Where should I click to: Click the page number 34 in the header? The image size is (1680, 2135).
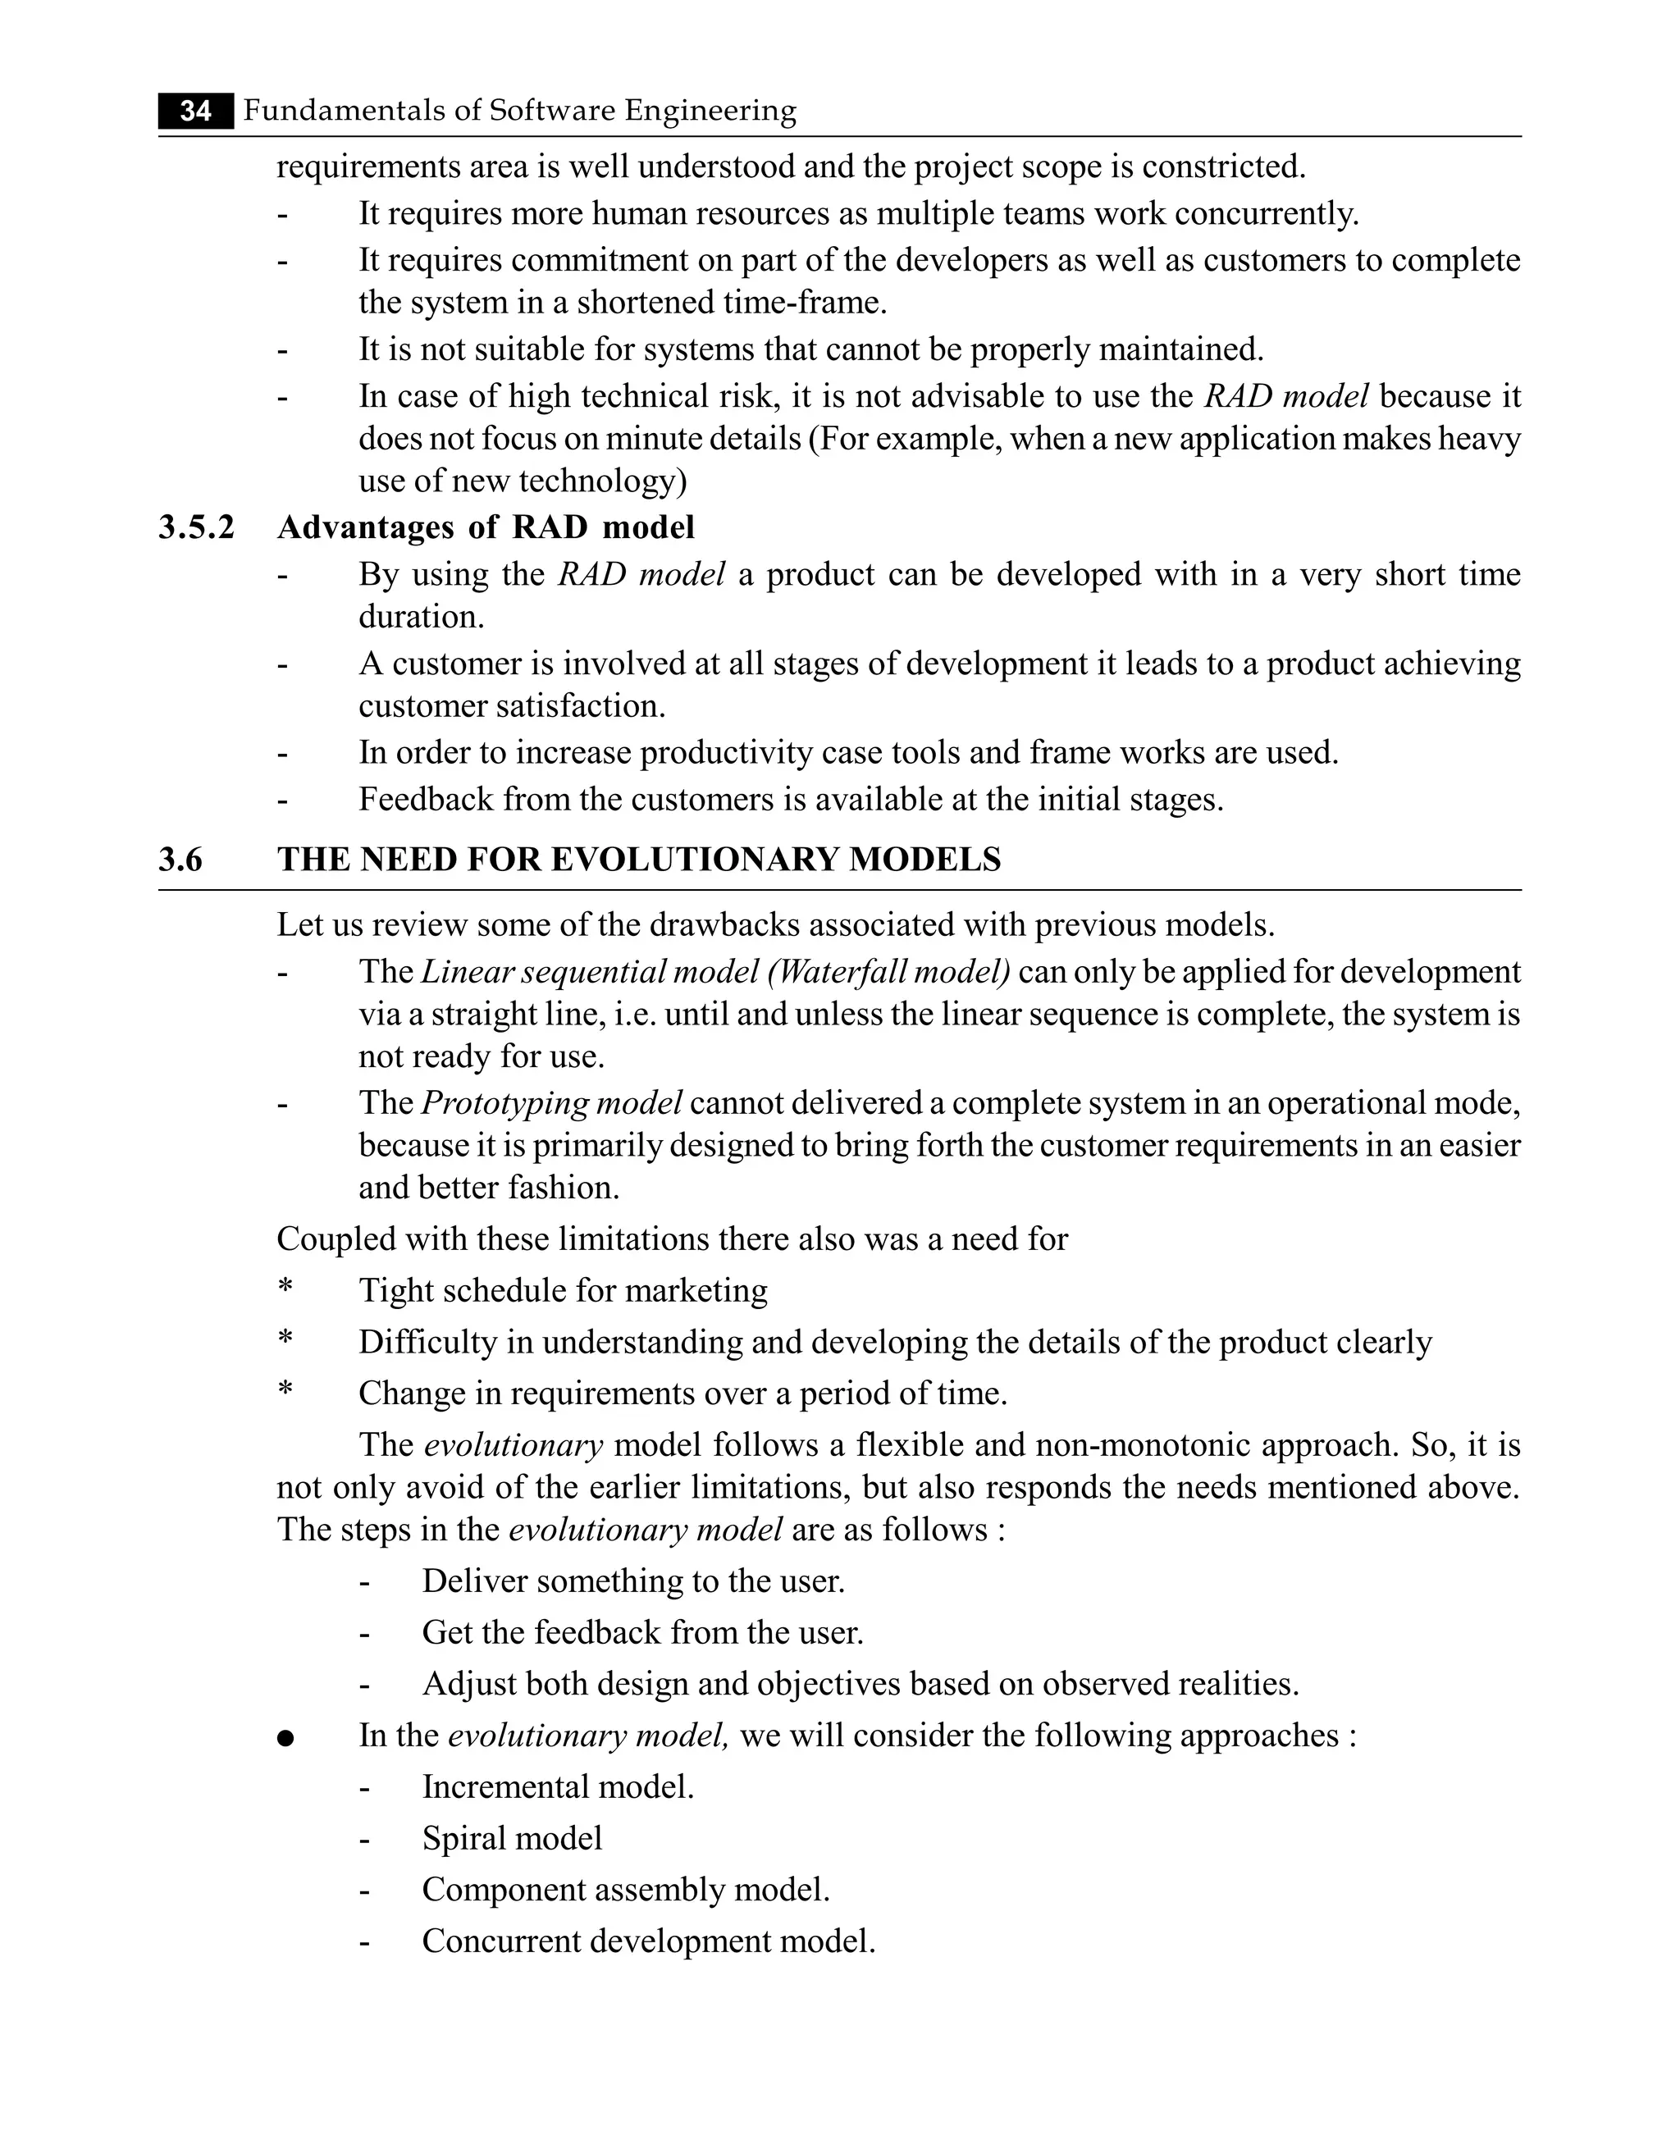(196, 111)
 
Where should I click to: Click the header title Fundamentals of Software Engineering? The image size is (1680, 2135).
(519, 111)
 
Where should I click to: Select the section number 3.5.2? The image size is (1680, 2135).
(197, 528)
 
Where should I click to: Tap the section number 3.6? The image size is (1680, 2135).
(180, 860)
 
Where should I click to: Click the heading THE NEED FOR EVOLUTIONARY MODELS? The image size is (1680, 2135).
(638, 860)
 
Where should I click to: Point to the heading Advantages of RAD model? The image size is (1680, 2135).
(486, 528)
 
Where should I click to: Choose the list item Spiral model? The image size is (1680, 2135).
(512, 1839)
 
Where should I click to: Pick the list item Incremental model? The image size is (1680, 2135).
(558, 1787)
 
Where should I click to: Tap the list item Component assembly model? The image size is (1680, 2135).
(626, 1890)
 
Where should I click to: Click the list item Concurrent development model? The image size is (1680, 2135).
(648, 1941)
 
